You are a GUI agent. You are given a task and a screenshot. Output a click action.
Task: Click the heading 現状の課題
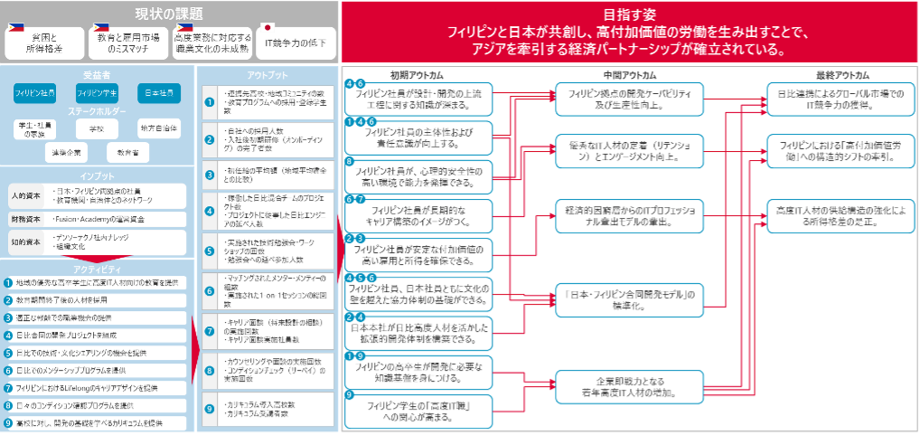168,14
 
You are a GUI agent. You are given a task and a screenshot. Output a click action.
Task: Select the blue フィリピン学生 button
97,93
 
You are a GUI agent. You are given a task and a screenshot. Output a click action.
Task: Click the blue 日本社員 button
157,93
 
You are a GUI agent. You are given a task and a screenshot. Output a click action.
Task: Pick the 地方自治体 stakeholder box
158,128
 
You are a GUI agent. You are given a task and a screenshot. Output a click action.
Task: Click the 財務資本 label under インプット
24,218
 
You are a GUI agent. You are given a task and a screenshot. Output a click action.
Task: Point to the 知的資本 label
24,241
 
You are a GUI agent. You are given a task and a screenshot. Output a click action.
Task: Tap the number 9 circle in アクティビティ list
8,422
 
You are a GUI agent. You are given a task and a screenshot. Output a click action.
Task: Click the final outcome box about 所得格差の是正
841,215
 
